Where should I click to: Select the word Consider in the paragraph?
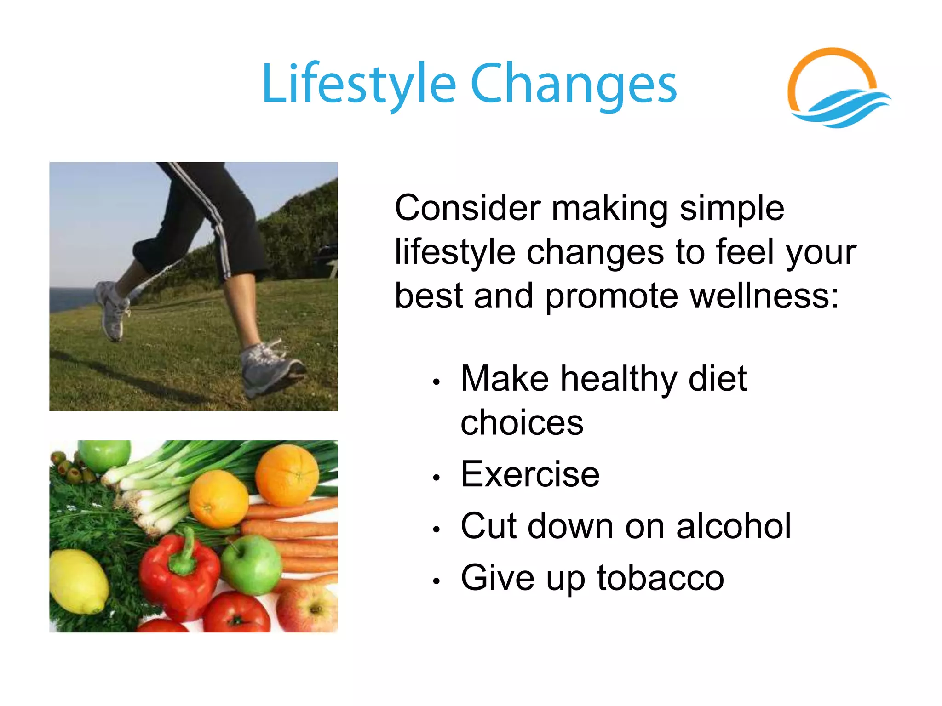pyautogui.click(x=467, y=208)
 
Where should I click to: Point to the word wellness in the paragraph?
pyautogui.click(x=764, y=296)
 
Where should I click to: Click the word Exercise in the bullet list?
pyautogui.click(x=530, y=474)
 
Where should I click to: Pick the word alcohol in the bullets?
pyautogui.click(x=733, y=526)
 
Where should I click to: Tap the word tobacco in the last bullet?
pyautogui.click(x=661, y=578)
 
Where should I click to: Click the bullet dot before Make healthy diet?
pyautogui.click(x=436, y=381)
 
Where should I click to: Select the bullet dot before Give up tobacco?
pyautogui.click(x=436, y=581)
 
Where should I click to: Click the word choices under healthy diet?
pyautogui.click(x=522, y=423)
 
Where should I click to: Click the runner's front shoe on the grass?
pyautogui.click(x=271, y=368)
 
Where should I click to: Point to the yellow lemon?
pyautogui.click(x=78, y=581)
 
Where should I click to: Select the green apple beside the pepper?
pyautogui.click(x=252, y=564)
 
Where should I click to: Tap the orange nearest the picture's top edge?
pyautogui.click(x=287, y=475)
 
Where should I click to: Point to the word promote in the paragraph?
pyautogui.click(x=612, y=296)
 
